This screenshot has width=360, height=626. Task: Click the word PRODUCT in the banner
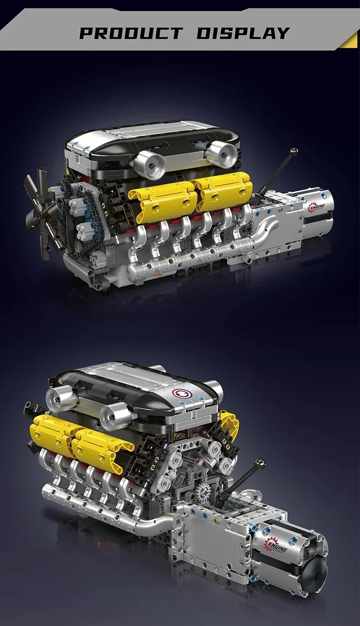(x=131, y=33)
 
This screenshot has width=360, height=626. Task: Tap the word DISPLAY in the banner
(x=243, y=33)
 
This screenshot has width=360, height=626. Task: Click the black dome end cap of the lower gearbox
(x=315, y=575)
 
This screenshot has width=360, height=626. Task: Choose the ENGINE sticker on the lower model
(x=277, y=545)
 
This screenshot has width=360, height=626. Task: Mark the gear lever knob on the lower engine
(x=260, y=464)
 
